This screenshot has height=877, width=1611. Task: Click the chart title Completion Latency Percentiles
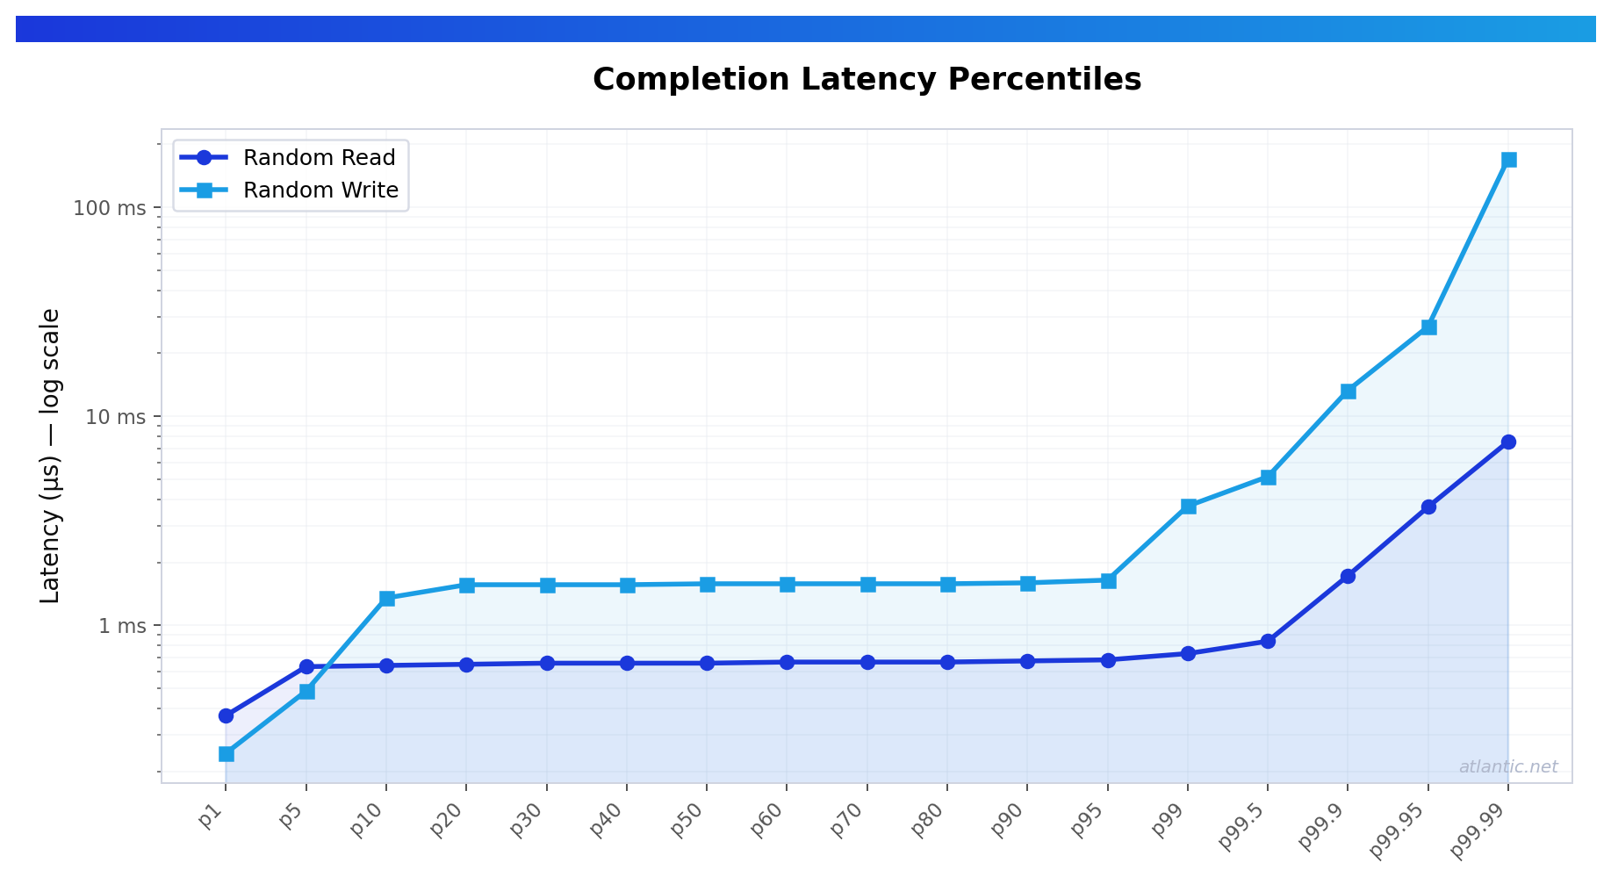point(867,80)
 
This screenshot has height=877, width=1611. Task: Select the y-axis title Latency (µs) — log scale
point(51,456)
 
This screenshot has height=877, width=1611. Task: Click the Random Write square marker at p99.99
point(1508,160)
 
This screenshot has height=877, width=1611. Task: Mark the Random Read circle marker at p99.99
point(1508,442)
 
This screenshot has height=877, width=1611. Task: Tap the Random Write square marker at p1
point(226,754)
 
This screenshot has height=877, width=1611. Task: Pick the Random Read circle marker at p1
point(226,715)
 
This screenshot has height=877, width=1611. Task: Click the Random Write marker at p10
point(386,599)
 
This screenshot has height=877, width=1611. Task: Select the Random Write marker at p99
point(1188,507)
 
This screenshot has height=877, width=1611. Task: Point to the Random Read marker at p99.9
point(1348,577)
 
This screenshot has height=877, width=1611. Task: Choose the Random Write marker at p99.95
point(1428,327)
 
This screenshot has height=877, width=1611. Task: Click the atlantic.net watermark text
point(1507,767)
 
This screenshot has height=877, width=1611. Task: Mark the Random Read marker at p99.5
point(1268,642)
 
